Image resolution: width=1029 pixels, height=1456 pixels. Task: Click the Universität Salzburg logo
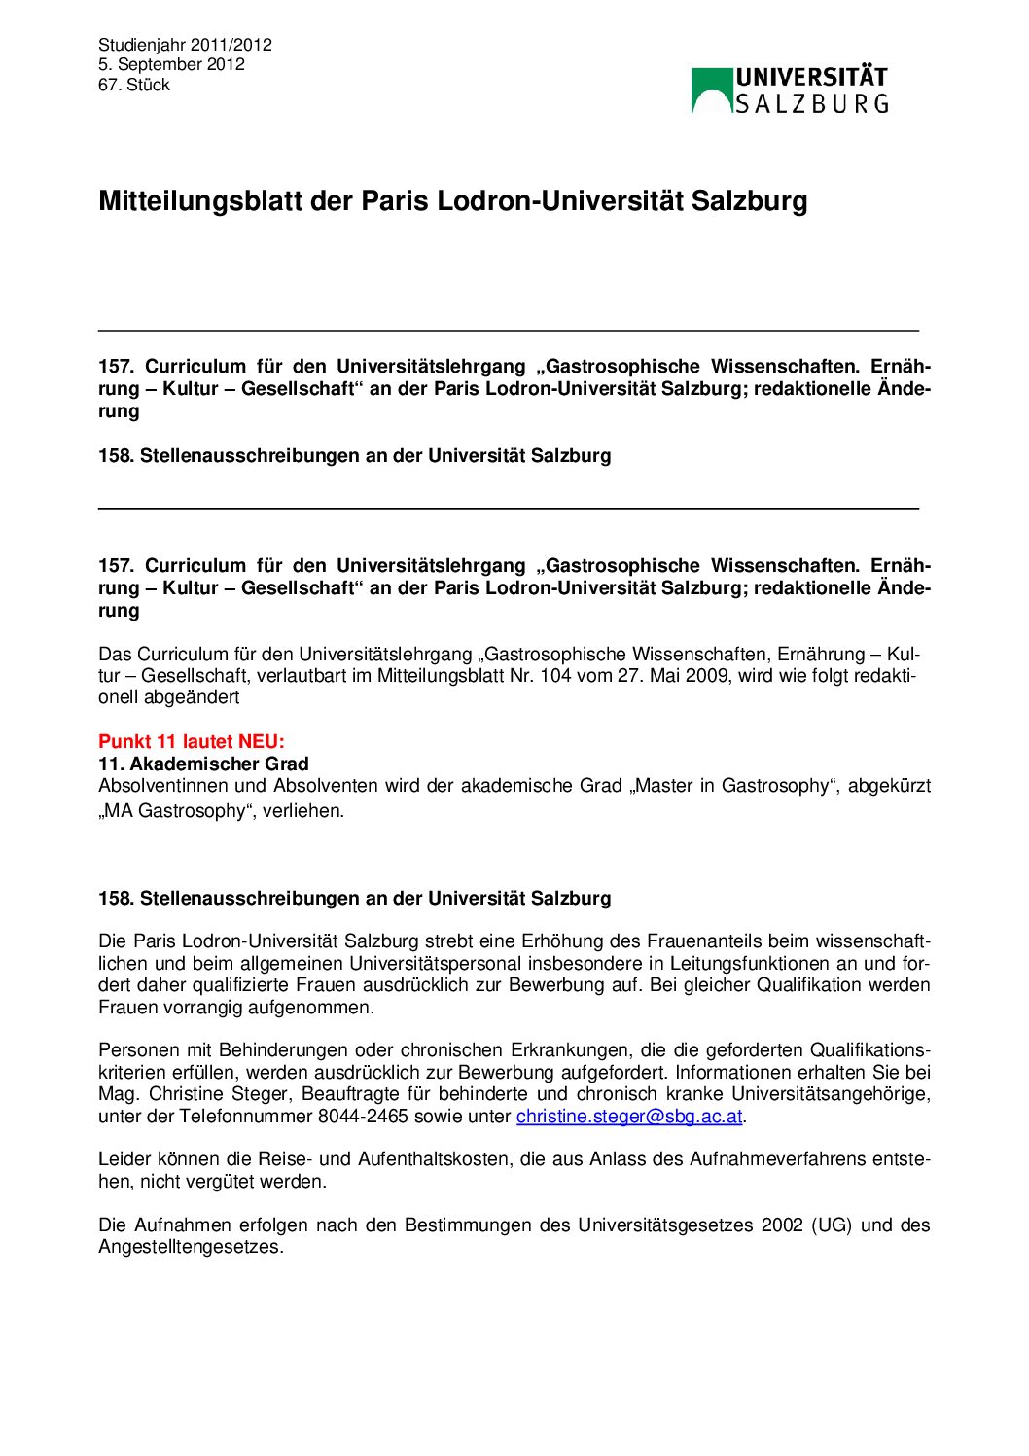pyautogui.click(x=789, y=90)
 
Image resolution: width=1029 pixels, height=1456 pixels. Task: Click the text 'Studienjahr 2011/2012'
pyautogui.click(x=185, y=45)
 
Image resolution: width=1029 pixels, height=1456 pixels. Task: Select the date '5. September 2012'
pyautogui.click(x=171, y=64)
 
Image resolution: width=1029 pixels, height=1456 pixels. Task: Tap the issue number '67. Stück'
pyautogui.click(x=134, y=85)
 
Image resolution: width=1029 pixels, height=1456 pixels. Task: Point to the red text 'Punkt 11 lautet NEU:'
pyautogui.click(x=192, y=742)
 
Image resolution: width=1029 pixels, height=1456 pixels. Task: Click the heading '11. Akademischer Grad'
pyautogui.click(x=203, y=764)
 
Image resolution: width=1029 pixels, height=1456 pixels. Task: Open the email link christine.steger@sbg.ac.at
pyautogui.click(x=629, y=1117)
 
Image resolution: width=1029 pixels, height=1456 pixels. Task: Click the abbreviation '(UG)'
pyautogui.click(x=832, y=1225)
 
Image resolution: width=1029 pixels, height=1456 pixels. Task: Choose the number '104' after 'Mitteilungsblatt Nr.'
pyautogui.click(x=555, y=676)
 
